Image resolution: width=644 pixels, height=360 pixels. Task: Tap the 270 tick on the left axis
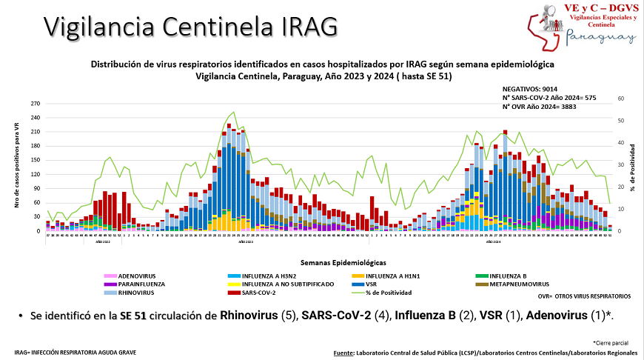(x=36, y=105)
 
